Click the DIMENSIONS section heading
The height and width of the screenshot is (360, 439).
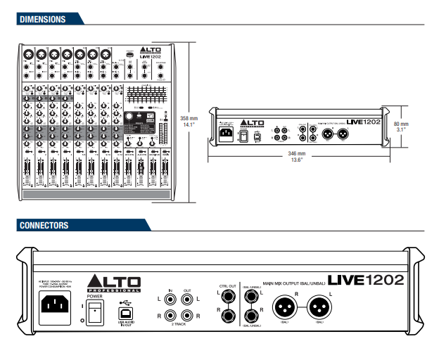click(x=44, y=19)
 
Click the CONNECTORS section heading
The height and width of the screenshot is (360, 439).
click(x=44, y=225)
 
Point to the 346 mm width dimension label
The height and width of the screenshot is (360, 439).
click(x=297, y=153)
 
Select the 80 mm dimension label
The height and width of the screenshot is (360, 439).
click(x=402, y=124)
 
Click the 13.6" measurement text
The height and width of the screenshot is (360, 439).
click(x=297, y=160)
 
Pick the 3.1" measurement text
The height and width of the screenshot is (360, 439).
click(x=402, y=130)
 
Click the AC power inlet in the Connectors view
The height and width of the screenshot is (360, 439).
click(x=58, y=307)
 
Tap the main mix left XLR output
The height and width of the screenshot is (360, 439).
click(x=319, y=307)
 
